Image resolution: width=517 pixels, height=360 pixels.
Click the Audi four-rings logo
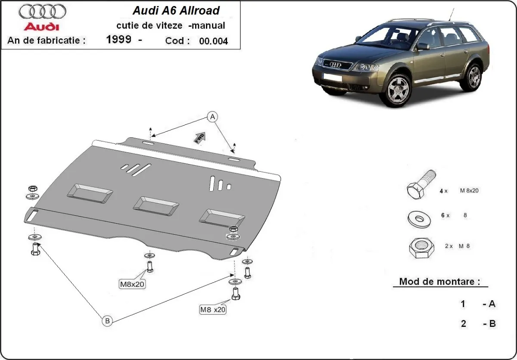pyautogui.click(x=42, y=11)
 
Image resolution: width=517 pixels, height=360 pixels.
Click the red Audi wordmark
pyautogui.click(x=41, y=27)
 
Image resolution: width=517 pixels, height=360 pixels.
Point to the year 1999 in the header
pyautogui.click(x=118, y=40)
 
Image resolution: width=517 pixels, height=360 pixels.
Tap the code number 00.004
pyautogui.click(x=213, y=41)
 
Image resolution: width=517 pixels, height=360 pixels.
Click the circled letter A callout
pyautogui.click(x=212, y=116)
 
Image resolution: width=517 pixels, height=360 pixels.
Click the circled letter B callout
pyautogui.click(x=107, y=320)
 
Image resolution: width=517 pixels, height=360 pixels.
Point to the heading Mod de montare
pyautogui.click(x=439, y=282)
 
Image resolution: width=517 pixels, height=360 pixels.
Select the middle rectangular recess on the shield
pyautogui.click(x=156, y=205)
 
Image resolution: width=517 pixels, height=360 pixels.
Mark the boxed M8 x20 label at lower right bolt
pyautogui.click(x=213, y=309)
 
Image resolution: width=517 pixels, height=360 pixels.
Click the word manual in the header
pyautogui.click(x=209, y=25)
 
